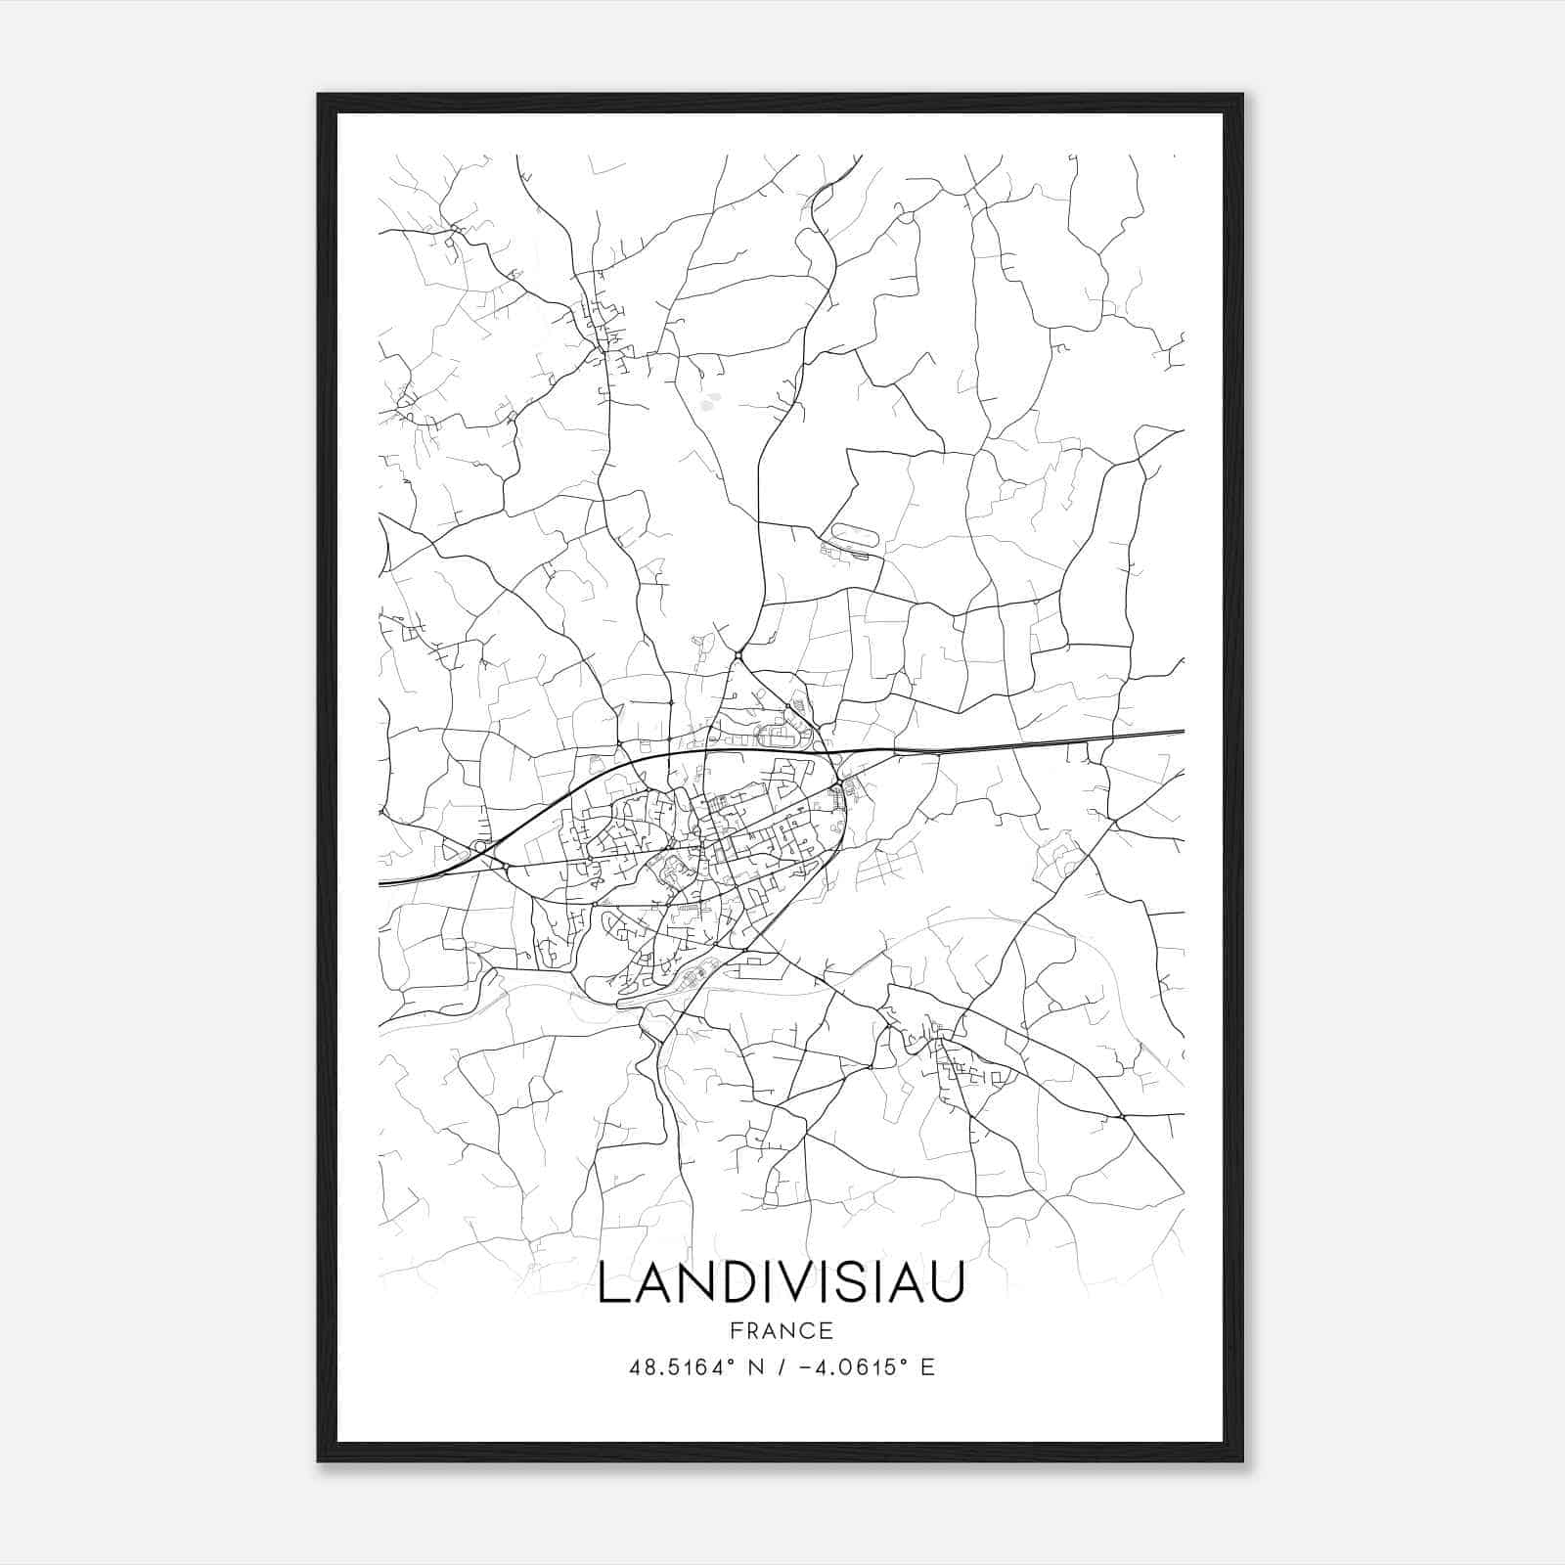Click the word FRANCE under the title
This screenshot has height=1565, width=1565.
coord(781,1330)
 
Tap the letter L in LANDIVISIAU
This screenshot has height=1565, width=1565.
coord(613,1282)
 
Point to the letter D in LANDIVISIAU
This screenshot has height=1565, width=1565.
coord(730,1282)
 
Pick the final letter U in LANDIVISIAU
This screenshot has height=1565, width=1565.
coord(946,1282)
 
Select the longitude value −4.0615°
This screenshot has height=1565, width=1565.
coord(850,1367)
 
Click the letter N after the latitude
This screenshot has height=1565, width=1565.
coord(755,1367)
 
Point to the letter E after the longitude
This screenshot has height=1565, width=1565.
coord(927,1367)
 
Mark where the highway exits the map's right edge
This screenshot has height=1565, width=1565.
coord(1182,731)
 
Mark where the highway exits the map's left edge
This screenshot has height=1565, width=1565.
coord(381,883)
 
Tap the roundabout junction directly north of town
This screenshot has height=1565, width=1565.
coord(738,653)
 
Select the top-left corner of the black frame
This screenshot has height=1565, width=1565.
coord(320,96)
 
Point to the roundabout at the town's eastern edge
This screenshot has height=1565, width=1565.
coord(838,785)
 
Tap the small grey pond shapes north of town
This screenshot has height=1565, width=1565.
coord(709,399)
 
